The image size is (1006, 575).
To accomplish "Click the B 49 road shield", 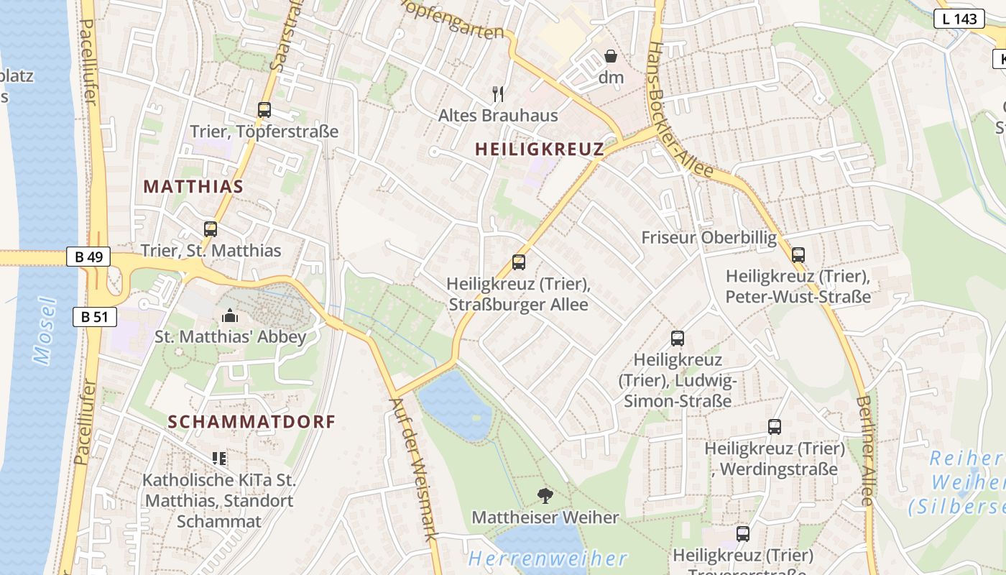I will [88, 257].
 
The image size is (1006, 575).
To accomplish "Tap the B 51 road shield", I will [94, 316].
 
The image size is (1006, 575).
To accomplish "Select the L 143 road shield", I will [959, 19].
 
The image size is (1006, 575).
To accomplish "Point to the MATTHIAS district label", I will [193, 187].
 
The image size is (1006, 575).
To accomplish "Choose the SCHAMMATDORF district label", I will [251, 422].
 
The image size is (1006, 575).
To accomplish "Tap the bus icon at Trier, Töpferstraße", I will [264, 110].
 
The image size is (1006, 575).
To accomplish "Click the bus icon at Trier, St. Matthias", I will [211, 229].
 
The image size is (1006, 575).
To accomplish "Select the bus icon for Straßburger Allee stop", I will [519, 262].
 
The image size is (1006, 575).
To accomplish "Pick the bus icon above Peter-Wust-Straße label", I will [798, 255].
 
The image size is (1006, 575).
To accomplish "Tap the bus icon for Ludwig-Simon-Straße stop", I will [678, 339].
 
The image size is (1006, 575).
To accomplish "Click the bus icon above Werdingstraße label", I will [775, 427].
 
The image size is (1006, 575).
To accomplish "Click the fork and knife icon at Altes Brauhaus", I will [498, 93].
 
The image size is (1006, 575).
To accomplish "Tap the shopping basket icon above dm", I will [611, 56].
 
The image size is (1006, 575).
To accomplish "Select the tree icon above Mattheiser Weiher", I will [545, 495].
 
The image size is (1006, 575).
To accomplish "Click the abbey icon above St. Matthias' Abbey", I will [230, 316].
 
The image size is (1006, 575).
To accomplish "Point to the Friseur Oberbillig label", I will [709, 238].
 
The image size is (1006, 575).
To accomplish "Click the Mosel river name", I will [45, 331].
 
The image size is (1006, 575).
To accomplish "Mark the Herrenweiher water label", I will [548, 558].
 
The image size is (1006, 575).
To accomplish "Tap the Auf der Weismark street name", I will [414, 468].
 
